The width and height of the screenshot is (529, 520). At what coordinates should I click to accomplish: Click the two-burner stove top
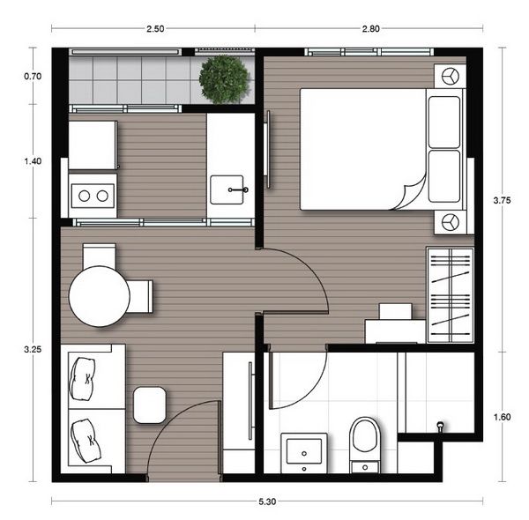click(x=93, y=194)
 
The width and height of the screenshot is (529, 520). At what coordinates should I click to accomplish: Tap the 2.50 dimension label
click(x=155, y=28)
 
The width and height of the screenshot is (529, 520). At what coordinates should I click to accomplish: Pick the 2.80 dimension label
click(x=371, y=28)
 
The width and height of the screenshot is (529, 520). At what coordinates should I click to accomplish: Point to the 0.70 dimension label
click(x=33, y=77)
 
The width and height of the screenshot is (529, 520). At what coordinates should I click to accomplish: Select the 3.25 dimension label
click(x=33, y=349)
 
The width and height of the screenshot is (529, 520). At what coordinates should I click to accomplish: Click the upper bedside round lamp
click(x=451, y=77)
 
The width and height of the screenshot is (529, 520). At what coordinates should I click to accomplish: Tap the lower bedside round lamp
click(x=451, y=222)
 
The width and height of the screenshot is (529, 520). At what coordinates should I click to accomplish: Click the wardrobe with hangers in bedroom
click(x=450, y=295)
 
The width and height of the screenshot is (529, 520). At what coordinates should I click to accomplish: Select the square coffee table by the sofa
click(x=149, y=405)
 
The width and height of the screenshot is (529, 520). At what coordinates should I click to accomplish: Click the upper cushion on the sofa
click(x=86, y=374)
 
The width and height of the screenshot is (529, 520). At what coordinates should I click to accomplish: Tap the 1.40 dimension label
click(x=33, y=161)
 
